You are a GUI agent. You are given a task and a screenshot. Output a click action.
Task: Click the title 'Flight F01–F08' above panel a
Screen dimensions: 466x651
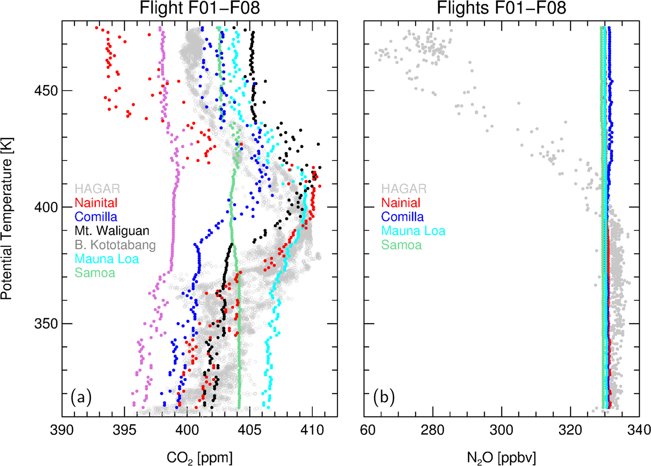[x=199, y=8]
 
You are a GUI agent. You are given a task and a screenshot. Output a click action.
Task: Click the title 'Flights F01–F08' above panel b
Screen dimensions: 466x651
[x=501, y=8]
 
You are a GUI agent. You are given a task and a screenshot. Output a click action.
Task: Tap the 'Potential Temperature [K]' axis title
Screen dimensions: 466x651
[x=7, y=218]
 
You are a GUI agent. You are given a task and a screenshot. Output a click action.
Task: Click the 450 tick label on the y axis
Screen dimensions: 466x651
[x=45, y=91]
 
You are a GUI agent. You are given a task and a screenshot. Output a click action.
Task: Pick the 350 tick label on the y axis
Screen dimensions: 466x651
[x=45, y=324]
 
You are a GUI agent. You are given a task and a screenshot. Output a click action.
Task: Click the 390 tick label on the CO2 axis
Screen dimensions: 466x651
[x=62, y=430]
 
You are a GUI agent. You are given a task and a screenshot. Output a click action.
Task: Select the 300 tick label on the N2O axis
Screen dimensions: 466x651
[x=501, y=430]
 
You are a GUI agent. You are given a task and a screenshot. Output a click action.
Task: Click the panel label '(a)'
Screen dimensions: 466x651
[x=81, y=397]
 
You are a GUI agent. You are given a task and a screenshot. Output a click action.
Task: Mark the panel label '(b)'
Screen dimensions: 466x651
[x=384, y=397]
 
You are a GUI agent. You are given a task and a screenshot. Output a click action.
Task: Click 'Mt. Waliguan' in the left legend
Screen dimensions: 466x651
[x=112, y=231]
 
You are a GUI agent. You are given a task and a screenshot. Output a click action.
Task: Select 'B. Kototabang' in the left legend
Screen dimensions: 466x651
[x=115, y=245]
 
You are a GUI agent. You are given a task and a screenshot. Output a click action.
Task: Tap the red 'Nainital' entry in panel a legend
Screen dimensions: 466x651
[x=96, y=203]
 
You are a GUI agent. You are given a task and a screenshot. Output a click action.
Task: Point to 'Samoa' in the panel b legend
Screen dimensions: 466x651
[x=401, y=245]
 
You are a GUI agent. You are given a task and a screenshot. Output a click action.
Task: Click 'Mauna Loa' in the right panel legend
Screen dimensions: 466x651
[x=413, y=231]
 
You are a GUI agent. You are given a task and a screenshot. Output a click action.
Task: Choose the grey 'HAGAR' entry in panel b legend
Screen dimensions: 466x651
[x=404, y=189]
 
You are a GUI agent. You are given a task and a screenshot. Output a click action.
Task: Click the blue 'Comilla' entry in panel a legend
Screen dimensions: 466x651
[x=96, y=217]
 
